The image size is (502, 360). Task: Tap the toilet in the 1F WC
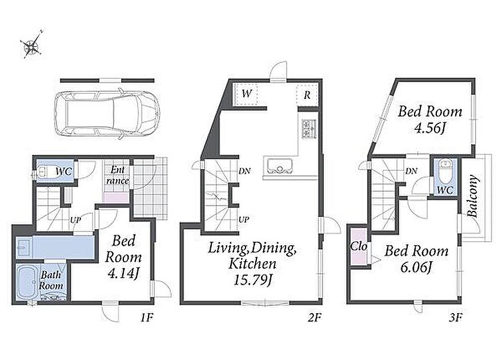[x=43, y=171]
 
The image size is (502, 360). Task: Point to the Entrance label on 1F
[x=118, y=175]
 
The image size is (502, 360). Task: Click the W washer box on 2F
[x=246, y=94]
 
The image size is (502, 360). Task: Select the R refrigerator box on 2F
[x=307, y=95]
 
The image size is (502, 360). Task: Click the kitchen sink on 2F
[x=278, y=166]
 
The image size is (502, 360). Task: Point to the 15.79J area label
[x=253, y=280]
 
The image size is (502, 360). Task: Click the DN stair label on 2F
[x=244, y=171]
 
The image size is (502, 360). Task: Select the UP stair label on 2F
[x=244, y=220]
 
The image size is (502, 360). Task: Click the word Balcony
[x=473, y=196]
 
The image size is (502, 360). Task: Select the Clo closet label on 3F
[x=359, y=246]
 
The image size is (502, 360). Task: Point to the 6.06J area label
[x=416, y=267]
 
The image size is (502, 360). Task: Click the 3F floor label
[x=455, y=318]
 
